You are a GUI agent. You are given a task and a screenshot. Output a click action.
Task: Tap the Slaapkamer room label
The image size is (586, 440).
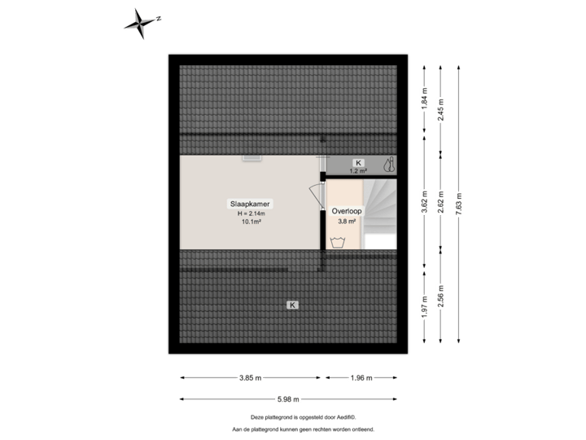[x=250, y=204]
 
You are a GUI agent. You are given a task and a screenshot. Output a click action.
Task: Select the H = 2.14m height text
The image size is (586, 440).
[x=251, y=213]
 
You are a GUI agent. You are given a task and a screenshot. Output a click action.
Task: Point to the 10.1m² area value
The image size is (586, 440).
[x=251, y=222]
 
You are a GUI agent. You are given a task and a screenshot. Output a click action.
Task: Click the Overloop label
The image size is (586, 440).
[x=347, y=211]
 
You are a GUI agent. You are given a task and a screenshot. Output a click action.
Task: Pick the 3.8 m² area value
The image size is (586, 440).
[x=347, y=221]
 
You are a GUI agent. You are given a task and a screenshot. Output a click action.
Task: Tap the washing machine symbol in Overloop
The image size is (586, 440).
[x=338, y=243]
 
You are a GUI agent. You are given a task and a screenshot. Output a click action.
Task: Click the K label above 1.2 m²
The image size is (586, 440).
[x=358, y=163]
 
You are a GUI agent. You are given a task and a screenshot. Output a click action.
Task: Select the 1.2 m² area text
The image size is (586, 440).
[x=358, y=171]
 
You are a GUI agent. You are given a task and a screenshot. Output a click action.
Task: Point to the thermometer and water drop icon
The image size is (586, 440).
[x=389, y=165]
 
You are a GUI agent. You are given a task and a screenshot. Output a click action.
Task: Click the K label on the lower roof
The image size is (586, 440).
[x=292, y=305]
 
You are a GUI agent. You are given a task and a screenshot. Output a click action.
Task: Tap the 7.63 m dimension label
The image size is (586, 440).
[x=458, y=204]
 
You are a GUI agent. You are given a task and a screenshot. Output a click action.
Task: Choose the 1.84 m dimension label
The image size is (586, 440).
[x=424, y=99]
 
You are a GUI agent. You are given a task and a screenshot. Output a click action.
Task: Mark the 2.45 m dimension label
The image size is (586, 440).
[x=440, y=109]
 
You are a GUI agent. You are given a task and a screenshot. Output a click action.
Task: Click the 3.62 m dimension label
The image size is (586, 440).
[x=424, y=202]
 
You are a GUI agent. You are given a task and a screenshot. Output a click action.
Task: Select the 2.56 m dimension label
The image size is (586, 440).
[x=440, y=297]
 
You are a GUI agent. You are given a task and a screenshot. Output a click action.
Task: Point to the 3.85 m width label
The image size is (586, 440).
[x=251, y=378]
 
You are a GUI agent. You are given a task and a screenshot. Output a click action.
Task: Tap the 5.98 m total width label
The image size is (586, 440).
[x=288, y=399]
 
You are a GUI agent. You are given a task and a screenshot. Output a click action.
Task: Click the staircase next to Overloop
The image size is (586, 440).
[x=380, y=214]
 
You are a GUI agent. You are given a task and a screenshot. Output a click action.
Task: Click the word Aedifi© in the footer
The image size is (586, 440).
[x=347, y=417]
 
